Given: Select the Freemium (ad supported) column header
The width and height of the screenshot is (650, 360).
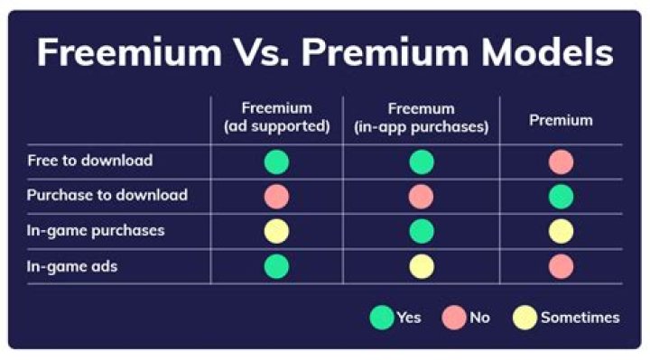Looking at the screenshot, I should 276,119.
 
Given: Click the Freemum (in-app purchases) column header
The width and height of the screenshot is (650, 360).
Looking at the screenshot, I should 421,119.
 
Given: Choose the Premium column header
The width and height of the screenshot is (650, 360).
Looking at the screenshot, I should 561,120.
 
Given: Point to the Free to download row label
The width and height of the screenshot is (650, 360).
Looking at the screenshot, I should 89,162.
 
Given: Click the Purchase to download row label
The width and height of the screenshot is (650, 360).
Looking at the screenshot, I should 107,196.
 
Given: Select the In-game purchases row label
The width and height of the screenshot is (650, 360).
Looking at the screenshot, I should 96,230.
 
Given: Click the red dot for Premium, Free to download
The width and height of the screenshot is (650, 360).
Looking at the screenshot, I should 561,162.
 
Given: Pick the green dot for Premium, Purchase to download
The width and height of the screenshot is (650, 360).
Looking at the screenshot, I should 561,197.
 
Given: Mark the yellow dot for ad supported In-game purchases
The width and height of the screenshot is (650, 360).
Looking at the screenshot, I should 276,231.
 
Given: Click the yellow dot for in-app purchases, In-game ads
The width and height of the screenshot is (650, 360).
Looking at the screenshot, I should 421,266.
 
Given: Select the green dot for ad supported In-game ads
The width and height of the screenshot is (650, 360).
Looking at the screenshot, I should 276,266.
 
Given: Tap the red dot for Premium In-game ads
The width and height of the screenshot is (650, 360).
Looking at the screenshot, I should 561,266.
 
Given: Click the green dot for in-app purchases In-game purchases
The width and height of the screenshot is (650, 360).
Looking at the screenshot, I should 421,231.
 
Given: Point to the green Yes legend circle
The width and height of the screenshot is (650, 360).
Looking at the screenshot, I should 382,318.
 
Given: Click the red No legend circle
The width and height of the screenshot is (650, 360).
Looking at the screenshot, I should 454,318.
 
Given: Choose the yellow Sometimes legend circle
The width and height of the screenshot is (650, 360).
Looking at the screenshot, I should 525,318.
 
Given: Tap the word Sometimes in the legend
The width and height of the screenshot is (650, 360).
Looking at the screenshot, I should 580,318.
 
